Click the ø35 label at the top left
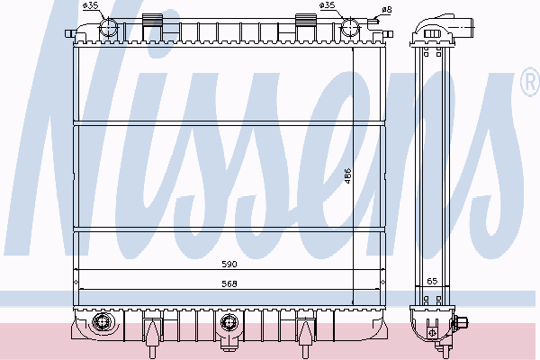coord(91,5)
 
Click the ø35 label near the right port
coord(327,5)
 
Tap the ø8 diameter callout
coord(387,10)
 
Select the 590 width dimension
coord(229,265)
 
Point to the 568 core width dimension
coord(229,283)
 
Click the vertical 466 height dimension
coord(347,175)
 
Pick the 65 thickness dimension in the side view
coord(432,281)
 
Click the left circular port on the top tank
coord(109,27)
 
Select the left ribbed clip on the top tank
coord(152,20)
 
